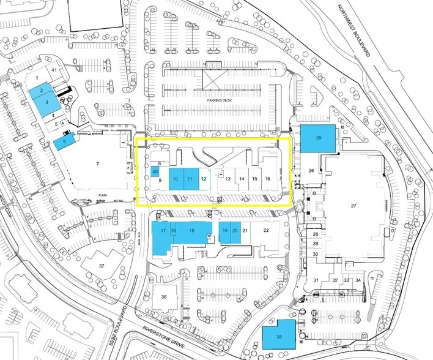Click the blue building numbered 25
(x=319, y=138)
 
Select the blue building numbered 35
(x=279, y=336)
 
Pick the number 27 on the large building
(x=353, y=206)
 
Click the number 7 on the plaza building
(x=97, y=163)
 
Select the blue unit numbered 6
(x=64, y=141)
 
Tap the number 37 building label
(x=102, y=265)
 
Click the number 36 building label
(x=164, y=296)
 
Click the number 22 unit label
(x=265, y=230)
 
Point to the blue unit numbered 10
(x=176, y=179)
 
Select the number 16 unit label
(x=267, y=179)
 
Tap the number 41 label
(x=54, y=71)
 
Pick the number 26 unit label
(x=311, y=170)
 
